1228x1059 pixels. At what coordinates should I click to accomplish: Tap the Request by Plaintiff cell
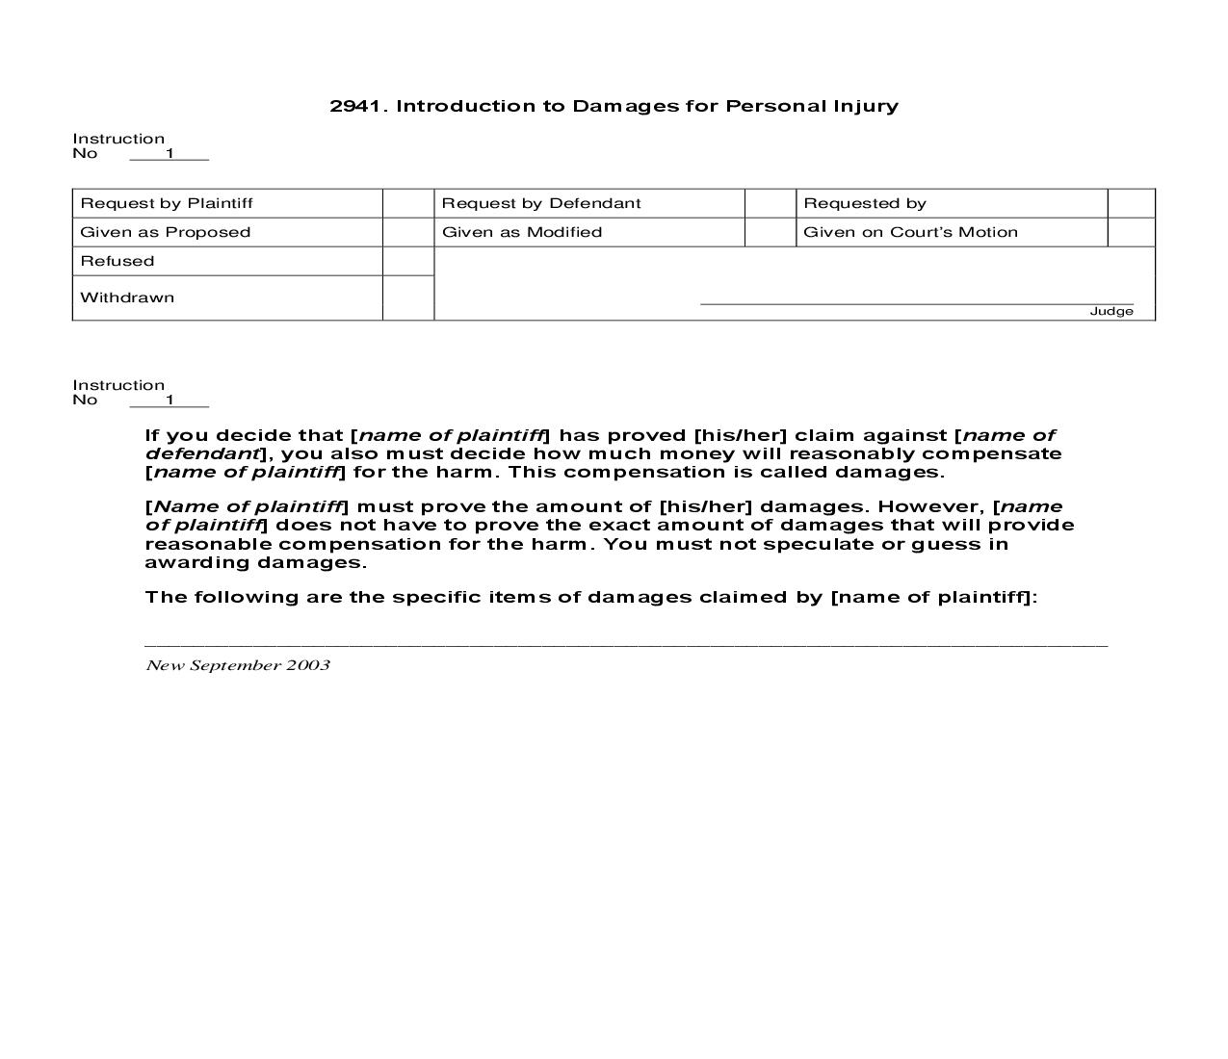coord(167,203)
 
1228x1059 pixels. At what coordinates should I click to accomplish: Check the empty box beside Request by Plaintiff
coord(408,203)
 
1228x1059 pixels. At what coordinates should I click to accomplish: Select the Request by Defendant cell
coord(541,203)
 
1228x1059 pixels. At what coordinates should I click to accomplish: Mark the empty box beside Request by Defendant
coord(771,203)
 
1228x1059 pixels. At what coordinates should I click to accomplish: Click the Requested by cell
coord(865,203)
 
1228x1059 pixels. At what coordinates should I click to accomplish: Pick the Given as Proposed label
coord(166,232)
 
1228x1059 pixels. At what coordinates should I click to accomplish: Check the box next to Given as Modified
coord(771,232)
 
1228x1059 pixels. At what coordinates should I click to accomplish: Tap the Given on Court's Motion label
coord(910,232)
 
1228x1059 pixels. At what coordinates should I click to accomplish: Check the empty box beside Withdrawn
coord(408,297)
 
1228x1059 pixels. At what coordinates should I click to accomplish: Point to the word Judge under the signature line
coord(1111,311)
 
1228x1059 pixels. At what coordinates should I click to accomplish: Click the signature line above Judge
coord(916,303)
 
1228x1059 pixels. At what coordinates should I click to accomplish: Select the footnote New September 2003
coord(238,665)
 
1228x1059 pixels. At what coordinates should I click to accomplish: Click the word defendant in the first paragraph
coord(202,453)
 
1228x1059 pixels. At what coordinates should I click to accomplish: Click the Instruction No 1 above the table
coord(119,145)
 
